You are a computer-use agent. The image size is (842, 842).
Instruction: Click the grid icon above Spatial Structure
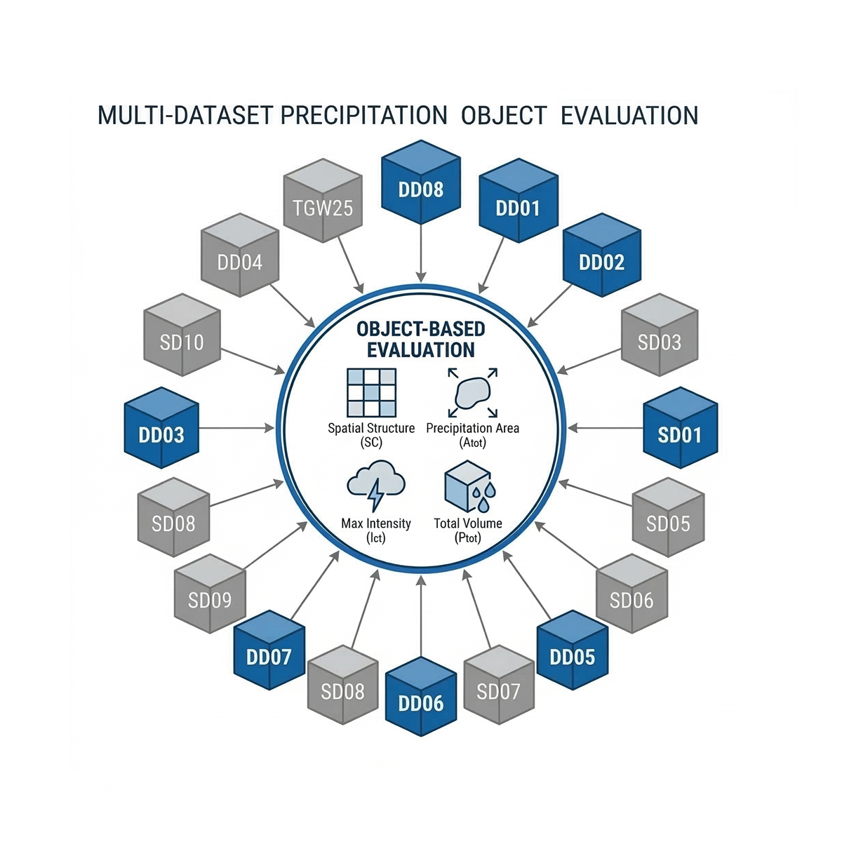(372, 392)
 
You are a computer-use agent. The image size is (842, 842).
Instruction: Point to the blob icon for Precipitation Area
(472, 393)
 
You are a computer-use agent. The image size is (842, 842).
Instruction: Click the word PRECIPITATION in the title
(363, 115)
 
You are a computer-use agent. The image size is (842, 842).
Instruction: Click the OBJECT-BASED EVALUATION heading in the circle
(421, 340)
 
